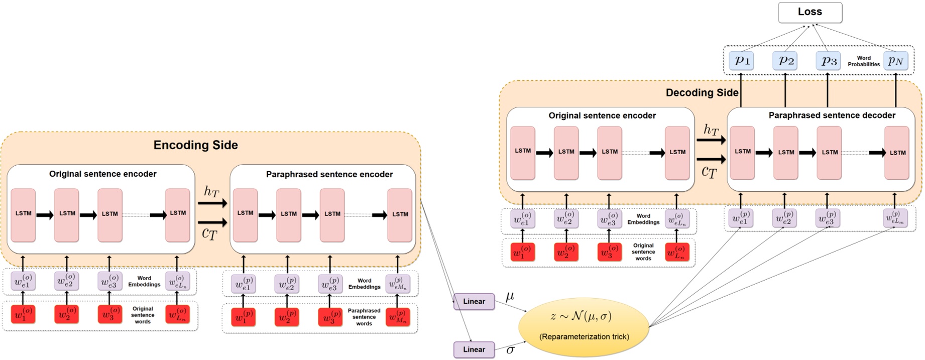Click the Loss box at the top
810,13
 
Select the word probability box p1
742,61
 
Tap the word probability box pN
895,61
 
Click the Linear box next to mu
474,301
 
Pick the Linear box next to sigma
474,349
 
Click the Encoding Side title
195,145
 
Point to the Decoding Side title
702,92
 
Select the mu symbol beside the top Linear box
510,296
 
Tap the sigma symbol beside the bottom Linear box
510,349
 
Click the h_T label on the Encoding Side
211,191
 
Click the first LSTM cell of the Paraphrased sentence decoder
742,152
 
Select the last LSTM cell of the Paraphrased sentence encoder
400,214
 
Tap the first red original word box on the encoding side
23,315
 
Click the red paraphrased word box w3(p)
329,317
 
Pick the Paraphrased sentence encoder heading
329,174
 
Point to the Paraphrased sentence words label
364,317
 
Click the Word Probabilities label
863,61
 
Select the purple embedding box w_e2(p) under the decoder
784,218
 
